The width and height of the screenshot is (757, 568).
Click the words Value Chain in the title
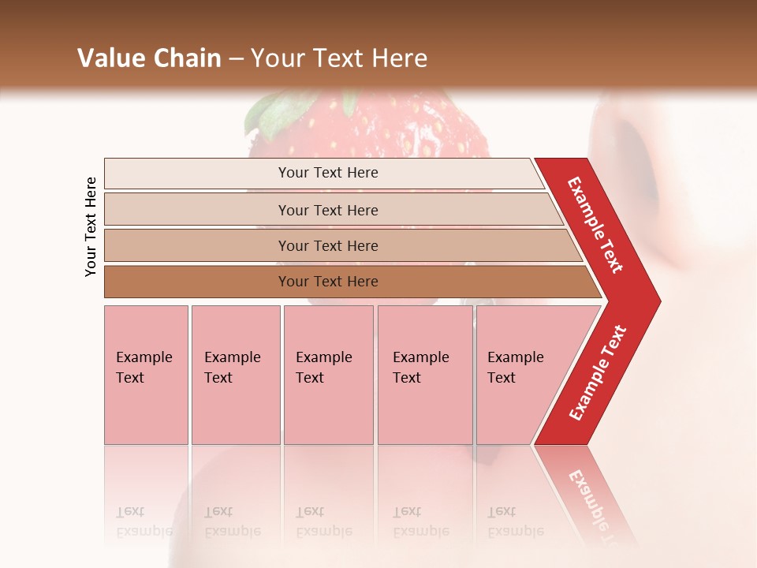(149, 58)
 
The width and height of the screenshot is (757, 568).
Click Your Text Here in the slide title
(339, 58)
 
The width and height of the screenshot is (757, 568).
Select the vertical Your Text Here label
(91, 226)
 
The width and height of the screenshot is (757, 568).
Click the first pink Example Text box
(146, 375)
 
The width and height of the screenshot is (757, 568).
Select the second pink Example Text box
(235, 375)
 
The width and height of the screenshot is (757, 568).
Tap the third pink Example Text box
(328, 375)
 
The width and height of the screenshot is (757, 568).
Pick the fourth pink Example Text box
(424, 375)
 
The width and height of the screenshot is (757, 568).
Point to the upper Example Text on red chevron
(596, 224)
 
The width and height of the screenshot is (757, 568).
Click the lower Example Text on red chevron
(598, 372)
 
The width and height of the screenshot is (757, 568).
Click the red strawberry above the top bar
(378, 126)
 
